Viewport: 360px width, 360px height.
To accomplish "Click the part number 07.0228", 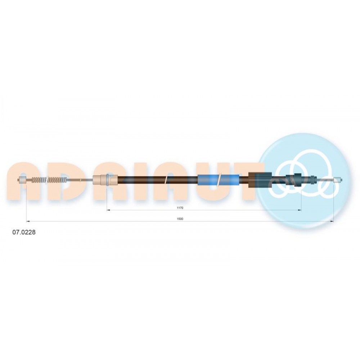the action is [x=24, y=232].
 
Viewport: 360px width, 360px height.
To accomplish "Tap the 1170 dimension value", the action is [x=180, y=208].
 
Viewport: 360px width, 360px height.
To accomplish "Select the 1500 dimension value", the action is [x=180, y=219].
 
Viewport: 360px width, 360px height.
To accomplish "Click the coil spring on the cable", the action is [x=49, y=180].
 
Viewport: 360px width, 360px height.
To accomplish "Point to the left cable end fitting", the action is [x=22, y=180].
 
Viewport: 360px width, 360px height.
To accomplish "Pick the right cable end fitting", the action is [x=338, y=180].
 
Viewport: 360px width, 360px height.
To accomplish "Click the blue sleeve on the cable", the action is [x=219, y=180].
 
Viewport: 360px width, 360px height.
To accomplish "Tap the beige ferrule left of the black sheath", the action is [x=105, y=180].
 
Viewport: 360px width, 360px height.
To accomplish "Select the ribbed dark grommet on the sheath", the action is [x=260, y=180].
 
